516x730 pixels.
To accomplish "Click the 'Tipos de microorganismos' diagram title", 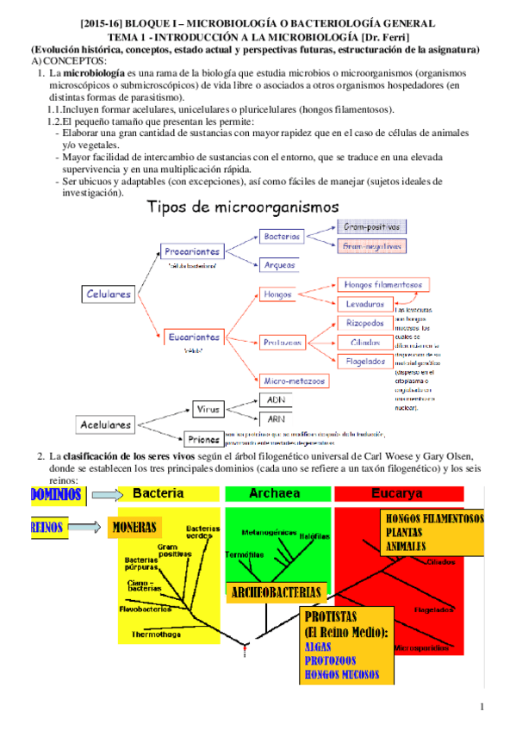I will point(243,207).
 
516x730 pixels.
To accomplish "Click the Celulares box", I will point(109,294).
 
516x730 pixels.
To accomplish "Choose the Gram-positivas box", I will point(371,227).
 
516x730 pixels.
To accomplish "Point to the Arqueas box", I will point(280,265).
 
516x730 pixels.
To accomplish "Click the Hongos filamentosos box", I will point(382,284).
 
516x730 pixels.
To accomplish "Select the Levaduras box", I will point(365,305).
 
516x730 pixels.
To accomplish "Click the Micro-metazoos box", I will point(294,380).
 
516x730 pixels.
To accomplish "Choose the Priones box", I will point(203,438).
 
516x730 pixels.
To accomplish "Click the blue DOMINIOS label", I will point(55,494).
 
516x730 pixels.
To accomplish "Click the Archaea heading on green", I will point(273,493).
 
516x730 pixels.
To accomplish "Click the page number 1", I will point(483,708).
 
